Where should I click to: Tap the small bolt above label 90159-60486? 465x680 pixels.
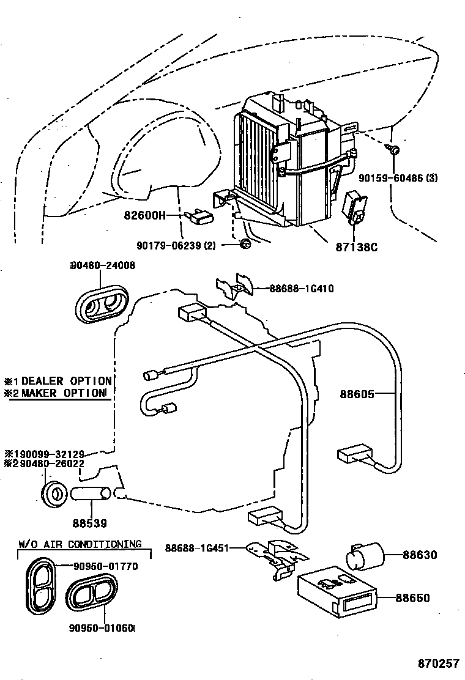[x=395, y=149]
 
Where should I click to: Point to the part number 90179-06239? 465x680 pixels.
[x=173, y=245]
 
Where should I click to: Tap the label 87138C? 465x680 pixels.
[x=356, y=247]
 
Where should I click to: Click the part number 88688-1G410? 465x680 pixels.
[x=302, y=289]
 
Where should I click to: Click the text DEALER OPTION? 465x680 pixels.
[x=67, y=381]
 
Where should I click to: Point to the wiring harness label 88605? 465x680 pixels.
[x=357, y=394]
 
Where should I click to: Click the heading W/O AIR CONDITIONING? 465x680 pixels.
[x=80, y=544]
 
